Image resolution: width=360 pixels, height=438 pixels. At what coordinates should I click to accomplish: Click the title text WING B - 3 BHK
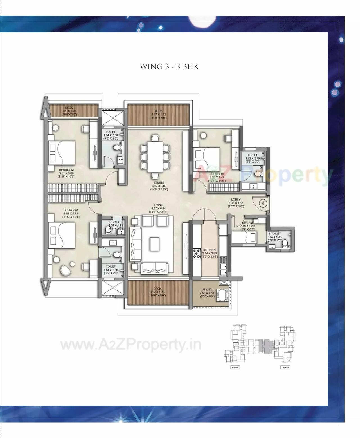click(169, 67)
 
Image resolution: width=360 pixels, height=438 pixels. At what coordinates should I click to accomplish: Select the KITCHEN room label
click(209, 250)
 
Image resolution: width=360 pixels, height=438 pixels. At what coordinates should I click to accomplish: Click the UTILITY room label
click(207, 290)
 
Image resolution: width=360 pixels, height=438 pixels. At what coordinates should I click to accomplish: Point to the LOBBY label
click(236, 200)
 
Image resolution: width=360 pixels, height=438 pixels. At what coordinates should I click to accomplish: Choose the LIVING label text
click(158, 205)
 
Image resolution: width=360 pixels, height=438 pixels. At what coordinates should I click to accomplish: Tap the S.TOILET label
click(274, 234)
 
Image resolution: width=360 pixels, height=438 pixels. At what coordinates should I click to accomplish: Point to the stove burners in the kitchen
click(196, 254)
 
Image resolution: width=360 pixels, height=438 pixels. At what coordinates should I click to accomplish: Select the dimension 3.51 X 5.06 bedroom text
click(66, 173)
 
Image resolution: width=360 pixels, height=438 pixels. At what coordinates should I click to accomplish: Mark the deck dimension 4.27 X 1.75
click(157, 292)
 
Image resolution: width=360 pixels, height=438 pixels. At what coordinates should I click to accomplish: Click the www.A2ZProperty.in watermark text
click(131, 345)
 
